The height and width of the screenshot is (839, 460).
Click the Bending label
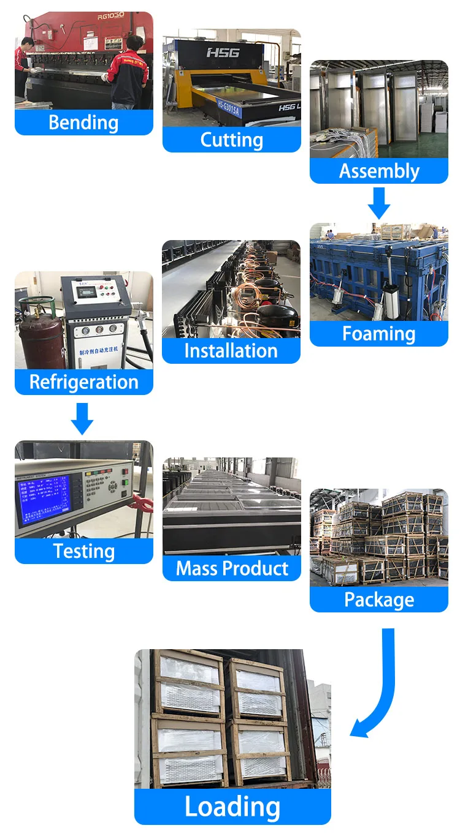[x=83, y=122]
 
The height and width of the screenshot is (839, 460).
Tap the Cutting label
[x=231, y=140]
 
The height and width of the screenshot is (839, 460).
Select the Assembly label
[x=379, y=171]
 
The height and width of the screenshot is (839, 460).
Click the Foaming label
[x=379, y=334]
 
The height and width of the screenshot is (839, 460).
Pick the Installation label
[x=231, y=351]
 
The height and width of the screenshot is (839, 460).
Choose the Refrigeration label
[x=83, y=382]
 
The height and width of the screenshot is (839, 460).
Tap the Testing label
[x=83, y=551]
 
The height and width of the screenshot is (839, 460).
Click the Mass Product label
[x=231, y=568]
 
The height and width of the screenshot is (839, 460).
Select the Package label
[x=379, y=600]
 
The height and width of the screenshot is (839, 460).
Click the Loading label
[x=232, y=807]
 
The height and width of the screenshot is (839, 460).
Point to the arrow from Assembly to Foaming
[x=379, y=203]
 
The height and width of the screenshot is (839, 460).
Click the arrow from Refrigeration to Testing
[x=82, y=418]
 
